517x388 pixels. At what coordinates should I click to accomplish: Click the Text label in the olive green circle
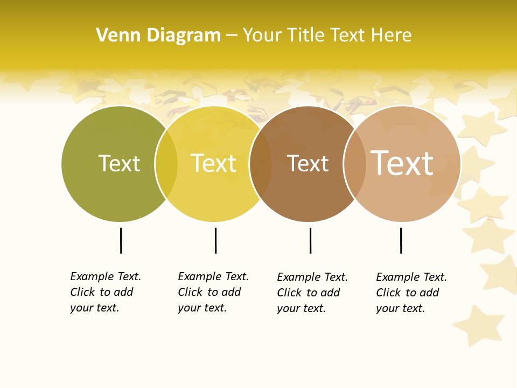[x=119, y=163]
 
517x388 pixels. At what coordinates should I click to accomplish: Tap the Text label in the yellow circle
[x=214, y=163]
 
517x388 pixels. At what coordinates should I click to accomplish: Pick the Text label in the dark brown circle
[x=308, y=163]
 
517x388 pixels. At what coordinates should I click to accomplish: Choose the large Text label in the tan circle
[x=402, y=163]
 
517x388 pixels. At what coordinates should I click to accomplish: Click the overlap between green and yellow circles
[x=166, y=164]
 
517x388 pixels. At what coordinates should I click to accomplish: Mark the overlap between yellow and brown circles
[x=261, y=164]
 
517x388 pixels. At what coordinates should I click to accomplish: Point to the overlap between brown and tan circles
[x=355, y=164]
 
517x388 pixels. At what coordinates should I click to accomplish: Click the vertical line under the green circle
[x=121, y=240]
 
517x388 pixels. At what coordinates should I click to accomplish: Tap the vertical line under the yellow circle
[x=215, y=240]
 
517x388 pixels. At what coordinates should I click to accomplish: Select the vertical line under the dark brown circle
[x=310, y=240]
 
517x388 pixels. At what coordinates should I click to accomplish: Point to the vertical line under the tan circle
[x=401, y=240]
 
